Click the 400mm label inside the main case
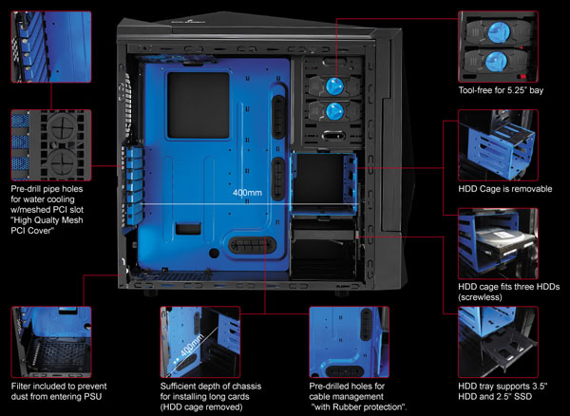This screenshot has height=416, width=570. (247, 192)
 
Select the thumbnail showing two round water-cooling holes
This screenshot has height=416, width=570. (51, 144)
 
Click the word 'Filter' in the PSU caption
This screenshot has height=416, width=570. (24, 388)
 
